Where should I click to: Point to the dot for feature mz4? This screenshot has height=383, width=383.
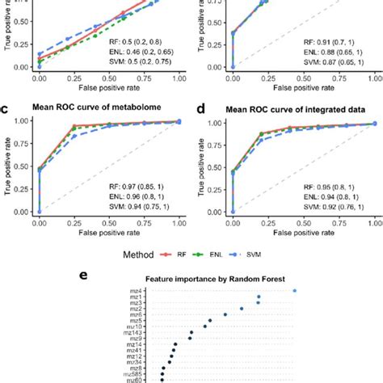coord(295,290)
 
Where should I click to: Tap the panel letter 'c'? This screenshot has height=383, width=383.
coord(6,106)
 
